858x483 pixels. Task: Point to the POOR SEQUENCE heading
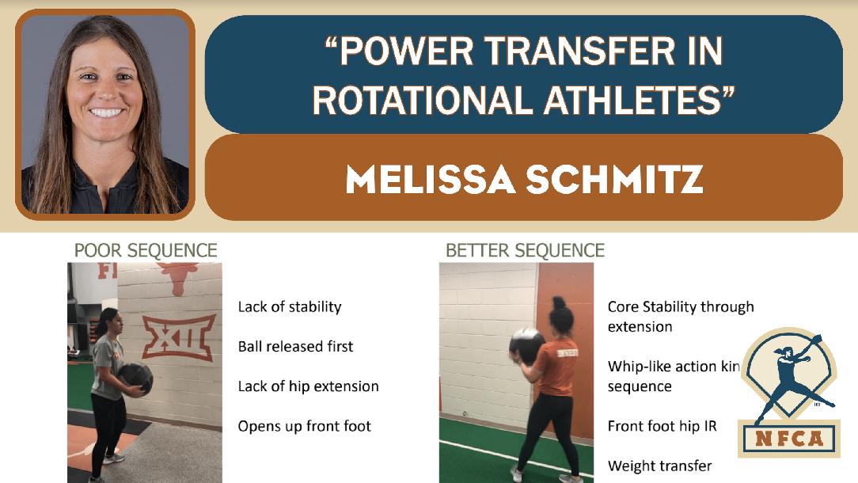146,251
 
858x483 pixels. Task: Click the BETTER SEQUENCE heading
525,251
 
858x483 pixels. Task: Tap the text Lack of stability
290,306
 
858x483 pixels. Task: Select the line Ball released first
295,346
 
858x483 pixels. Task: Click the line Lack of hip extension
308,386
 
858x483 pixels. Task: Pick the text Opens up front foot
304,426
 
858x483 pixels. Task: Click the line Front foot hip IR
662,426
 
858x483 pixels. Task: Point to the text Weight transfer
659,466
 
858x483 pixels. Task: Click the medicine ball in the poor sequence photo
136,379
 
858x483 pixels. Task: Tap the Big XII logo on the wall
178,337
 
